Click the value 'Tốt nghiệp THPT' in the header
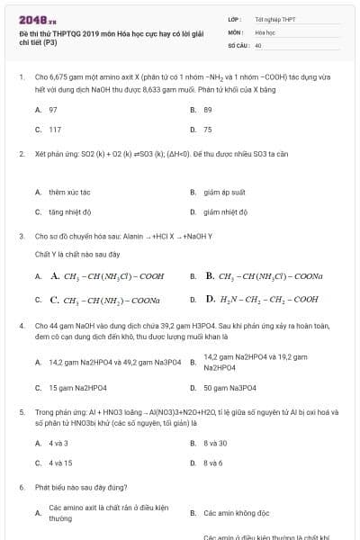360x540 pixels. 275,19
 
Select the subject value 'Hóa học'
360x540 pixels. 265,31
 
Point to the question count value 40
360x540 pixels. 258,44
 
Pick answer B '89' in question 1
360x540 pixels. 208,109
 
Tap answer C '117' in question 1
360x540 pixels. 55,130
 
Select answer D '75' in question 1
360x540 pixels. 208,130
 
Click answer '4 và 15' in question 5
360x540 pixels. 60,463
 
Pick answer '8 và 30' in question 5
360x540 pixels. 215,443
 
